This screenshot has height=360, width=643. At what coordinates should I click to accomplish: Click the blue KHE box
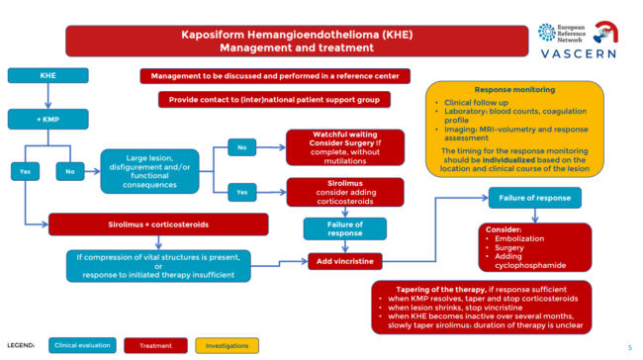pyautogui.click(x=47, y=76)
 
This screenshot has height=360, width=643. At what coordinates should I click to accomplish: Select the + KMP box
pyautogui.click(x=47, y=120)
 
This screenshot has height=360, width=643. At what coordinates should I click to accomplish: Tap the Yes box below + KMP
pyautogui.click(x=25, y=169)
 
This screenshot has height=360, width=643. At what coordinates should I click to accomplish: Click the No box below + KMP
pyautogui.click(x=69, y=169)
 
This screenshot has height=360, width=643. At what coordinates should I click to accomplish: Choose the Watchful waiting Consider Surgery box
pyautogui.click(x=330, y=146)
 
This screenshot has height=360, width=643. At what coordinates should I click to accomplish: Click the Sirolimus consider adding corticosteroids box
pyautogui.click(x=330, y=193)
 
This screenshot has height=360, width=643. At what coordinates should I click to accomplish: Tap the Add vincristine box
pyautogui.click(x=330, y=260)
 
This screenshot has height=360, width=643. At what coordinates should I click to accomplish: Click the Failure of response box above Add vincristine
pyautogui.click(x=330, y=228)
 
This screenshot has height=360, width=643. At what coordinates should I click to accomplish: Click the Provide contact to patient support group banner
pyautogui.click(x=273, y=100)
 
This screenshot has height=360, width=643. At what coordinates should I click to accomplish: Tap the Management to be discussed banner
pyautogui.click(x=273, y=75)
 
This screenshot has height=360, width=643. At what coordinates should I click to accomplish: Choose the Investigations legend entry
pyautogui.click(x=227, y=345)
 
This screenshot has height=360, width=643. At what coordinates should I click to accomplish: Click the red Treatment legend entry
pyautogui.click(x=156, y=345)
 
